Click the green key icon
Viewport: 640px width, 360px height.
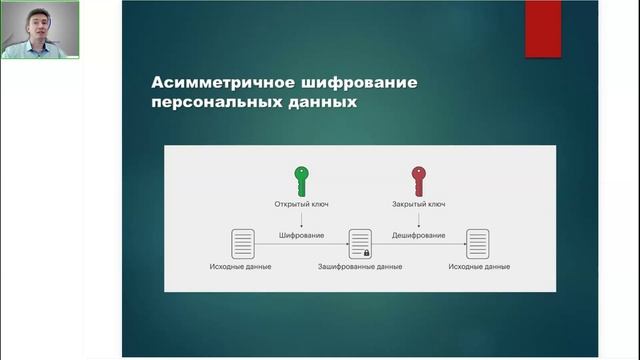pos(300,180)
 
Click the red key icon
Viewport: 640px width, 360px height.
pos(418,180)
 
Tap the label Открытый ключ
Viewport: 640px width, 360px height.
pos(301,204)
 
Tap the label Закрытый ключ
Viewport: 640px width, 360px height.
pos(418,204)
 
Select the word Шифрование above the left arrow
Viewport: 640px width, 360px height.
pos(301,235)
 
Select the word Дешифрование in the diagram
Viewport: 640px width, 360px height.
pos(418,235)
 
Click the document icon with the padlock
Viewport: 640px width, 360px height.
pos(359,243)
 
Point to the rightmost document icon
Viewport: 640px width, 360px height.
pos(478,243)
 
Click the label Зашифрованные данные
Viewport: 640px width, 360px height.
pos(360,267)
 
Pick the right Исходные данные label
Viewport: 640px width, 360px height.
pos(479,267)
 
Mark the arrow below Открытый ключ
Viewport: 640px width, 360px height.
pos(301,219)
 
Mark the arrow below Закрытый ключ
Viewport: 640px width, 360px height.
pos(418,219)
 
